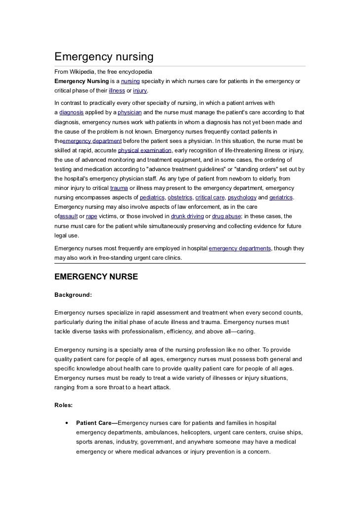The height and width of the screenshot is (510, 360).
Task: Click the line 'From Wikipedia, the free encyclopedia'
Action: pos(104,72)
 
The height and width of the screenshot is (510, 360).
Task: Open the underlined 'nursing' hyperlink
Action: pos(131,81)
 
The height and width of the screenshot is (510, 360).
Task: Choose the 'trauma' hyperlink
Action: pos(119,188)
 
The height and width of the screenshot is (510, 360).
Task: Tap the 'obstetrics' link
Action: pos(180,197)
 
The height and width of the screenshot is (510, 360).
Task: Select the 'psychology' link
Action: pos(242,197)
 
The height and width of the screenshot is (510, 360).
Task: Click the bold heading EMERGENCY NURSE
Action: pos(96,277)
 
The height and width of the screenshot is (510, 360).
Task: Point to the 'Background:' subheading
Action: pos(73,294)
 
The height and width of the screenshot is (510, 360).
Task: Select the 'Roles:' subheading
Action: pos(64,405)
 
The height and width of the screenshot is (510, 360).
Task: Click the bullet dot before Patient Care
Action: pos(66,423)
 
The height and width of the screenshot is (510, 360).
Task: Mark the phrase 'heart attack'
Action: pos(153,387)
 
